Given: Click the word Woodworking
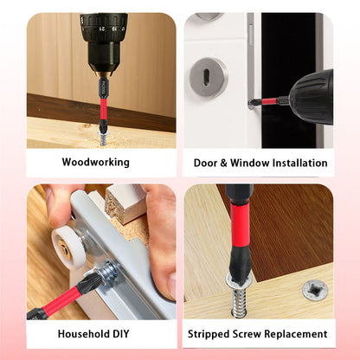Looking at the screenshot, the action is (95, 162).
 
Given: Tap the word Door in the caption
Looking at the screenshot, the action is (205, 163).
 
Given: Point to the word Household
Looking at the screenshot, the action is (84, 334).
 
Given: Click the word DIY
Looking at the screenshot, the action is (121, 334).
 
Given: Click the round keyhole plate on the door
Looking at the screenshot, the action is (209, 77).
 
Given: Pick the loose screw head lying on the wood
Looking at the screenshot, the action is (315, 290).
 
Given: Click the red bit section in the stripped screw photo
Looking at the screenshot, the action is (240, 225).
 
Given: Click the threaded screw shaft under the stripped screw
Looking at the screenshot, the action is (239, 303).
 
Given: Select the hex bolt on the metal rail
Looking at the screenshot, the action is (108, 271).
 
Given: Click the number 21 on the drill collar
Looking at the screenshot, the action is (102, 29).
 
